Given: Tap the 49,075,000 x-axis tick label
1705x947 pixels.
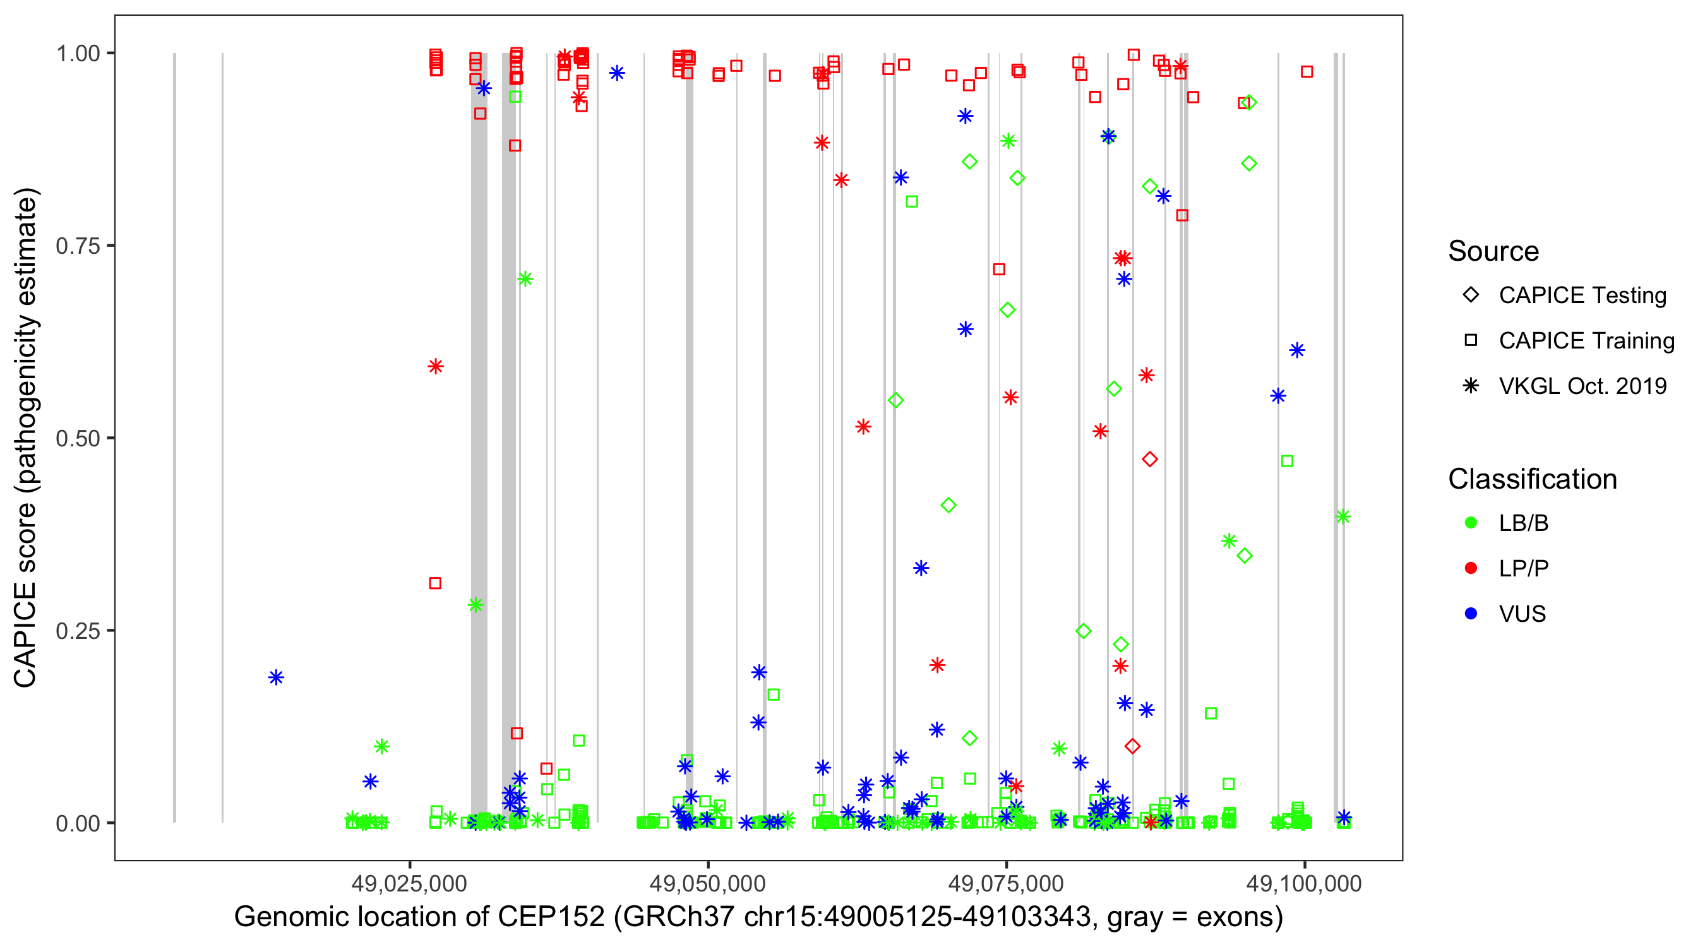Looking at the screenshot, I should (x=1006, y=883).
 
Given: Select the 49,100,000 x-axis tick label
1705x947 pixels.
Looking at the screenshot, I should (x=1304, y=883).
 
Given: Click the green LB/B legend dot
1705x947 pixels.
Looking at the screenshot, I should (x=1471, y=523).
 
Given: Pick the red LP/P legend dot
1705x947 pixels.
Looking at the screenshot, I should (x=1471, y=568).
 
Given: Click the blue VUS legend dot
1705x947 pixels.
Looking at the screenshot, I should (x=1471, y=614).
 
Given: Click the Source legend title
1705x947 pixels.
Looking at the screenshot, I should (x=1493, y=251).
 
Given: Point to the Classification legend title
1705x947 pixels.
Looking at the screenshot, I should (x=1532, y=479).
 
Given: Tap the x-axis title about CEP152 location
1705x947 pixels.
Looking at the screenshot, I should (x=758, y=917).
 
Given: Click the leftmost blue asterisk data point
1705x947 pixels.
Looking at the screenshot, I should (x=276, y=677).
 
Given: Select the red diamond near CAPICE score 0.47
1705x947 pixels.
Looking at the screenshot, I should (x=1150, y=459).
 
